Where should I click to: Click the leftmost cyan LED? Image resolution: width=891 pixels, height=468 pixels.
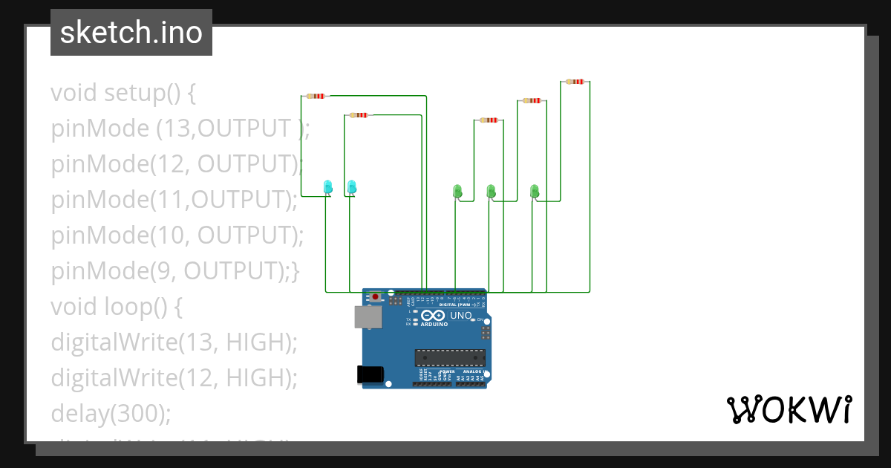pyautogui.click(x=327, y=186)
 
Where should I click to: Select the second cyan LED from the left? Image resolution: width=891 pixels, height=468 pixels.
pyautogui.click(x=352, y=186)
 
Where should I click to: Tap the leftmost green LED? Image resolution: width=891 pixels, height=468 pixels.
pyautogui.click(x=457, y=192)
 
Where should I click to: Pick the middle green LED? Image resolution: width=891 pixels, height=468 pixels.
pyautogui.click(x=491, y=192)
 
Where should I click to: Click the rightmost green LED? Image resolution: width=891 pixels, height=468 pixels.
pyautogui.click(x=534, y=192)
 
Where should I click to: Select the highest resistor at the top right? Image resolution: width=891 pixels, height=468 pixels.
pyautogui.click(x=574, y=82)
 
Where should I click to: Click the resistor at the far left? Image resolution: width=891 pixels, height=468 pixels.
pyautogui.click(x=316, y=96)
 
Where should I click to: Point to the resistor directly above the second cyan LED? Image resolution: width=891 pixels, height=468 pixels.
pyautogui.click(x=359, y=115)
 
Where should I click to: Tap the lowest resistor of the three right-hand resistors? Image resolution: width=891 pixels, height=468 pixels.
pyautogui.click(x=489, y=120)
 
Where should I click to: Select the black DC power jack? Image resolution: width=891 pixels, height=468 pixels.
pyautogui.click(x=371, y=374)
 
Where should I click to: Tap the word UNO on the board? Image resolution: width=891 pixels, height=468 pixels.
pyautogui.click(x=461, y=316)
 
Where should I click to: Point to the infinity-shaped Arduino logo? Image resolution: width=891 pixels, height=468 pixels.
pyautogui.click(x=434, y=316)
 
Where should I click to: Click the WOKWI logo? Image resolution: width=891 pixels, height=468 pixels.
pyautogui.click(x=789, y=410)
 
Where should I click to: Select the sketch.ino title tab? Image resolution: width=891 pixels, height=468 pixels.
pyautogui.click(x=131, y=33)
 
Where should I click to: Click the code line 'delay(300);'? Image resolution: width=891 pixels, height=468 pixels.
pyautogui.click(x=111, y=413)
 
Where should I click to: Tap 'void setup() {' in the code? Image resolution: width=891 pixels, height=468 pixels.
pyautogui.click(x=123, y=94)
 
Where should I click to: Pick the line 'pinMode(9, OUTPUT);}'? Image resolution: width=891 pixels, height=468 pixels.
pyautogui.click(x=175, y=272)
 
